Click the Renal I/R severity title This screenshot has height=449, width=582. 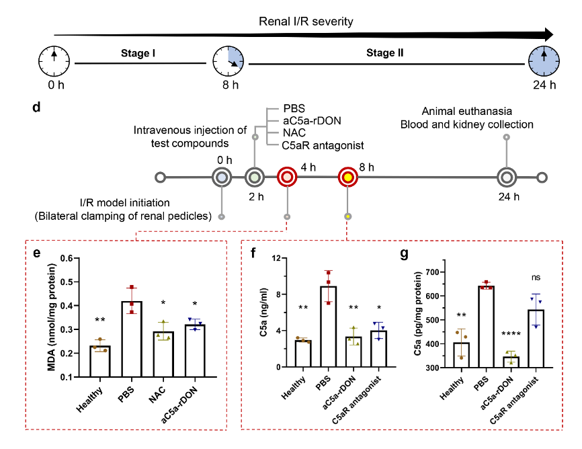click(306, 22)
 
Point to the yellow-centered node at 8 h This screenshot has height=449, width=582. click(347, 177)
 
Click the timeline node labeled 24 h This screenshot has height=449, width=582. click(507, 177)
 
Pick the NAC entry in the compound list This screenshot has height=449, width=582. click(294, 132)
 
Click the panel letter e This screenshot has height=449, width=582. click(37, 253)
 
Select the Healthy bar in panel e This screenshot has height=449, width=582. click(101, 361)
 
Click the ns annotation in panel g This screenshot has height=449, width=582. click(536, 277)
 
